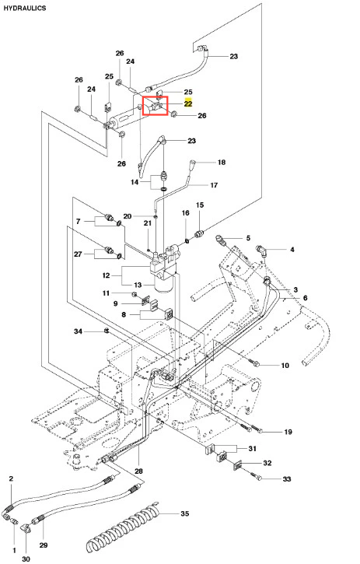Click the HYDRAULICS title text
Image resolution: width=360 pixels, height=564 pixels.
tap(25, 8)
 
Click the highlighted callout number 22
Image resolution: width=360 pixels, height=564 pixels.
tap(188, 103)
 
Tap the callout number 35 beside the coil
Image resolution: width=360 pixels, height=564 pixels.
tap(184, 513)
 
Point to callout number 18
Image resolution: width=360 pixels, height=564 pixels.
tap(222, 163)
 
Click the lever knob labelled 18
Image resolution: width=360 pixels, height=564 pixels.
tap(193, 167)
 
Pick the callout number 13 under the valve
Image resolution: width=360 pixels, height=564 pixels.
tap(138, 285)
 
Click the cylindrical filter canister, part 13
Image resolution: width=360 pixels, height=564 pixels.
tap(164, 284)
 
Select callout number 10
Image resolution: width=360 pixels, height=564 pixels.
tap(285, 366)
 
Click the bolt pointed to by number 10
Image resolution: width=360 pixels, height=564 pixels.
tap(255, 363)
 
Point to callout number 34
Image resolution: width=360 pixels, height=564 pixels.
tap(78, 331)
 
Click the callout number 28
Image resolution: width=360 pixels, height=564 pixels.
tap(138, 471)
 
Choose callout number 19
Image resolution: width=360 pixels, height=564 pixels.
tap(288, 432)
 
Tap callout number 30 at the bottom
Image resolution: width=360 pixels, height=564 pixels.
tap(26, 559)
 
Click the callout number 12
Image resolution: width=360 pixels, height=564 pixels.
tap(106, 275)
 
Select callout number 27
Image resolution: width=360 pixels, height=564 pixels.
tap(78, 254)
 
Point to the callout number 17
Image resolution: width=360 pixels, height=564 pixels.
tap(214, 185)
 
